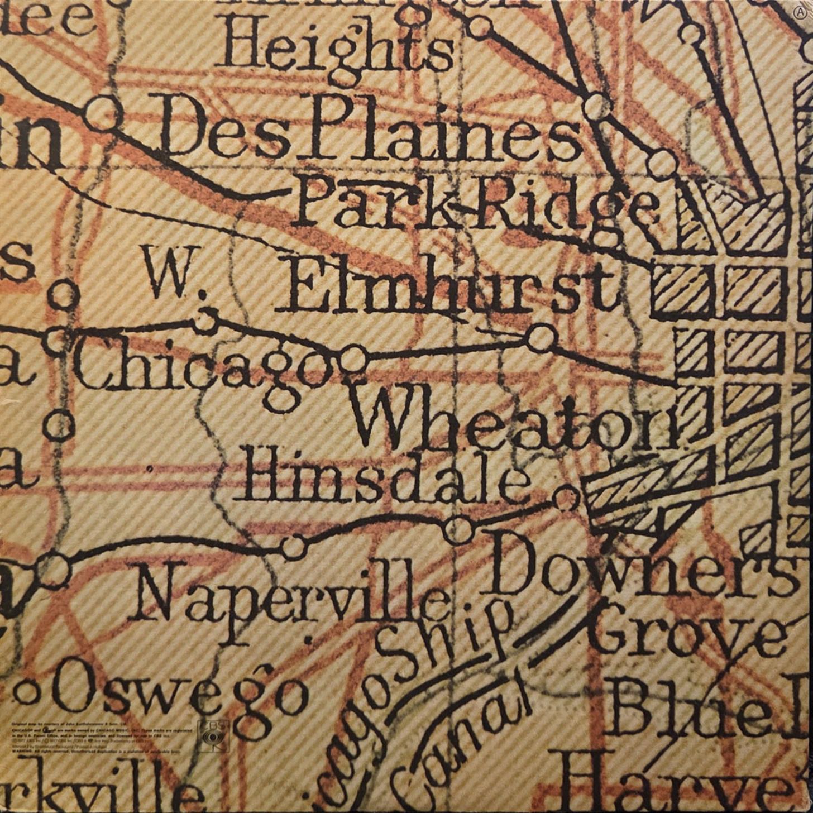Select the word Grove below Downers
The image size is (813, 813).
tap(687, 634)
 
